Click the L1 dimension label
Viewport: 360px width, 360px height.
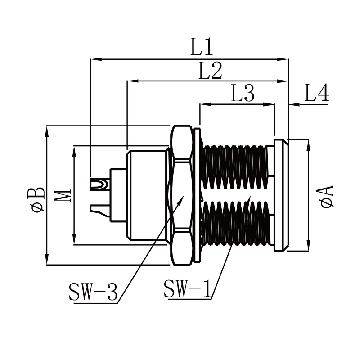click(x=202, y=47)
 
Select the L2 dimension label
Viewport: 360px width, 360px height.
click(x=210, y=71)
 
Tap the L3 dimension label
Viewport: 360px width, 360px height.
click(x=243, y=93)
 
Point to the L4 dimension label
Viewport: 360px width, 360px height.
click(x=317, y=92)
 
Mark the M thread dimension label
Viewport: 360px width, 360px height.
click(x=63, y=195)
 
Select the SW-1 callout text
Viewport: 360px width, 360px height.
click(x=187, y=288)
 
